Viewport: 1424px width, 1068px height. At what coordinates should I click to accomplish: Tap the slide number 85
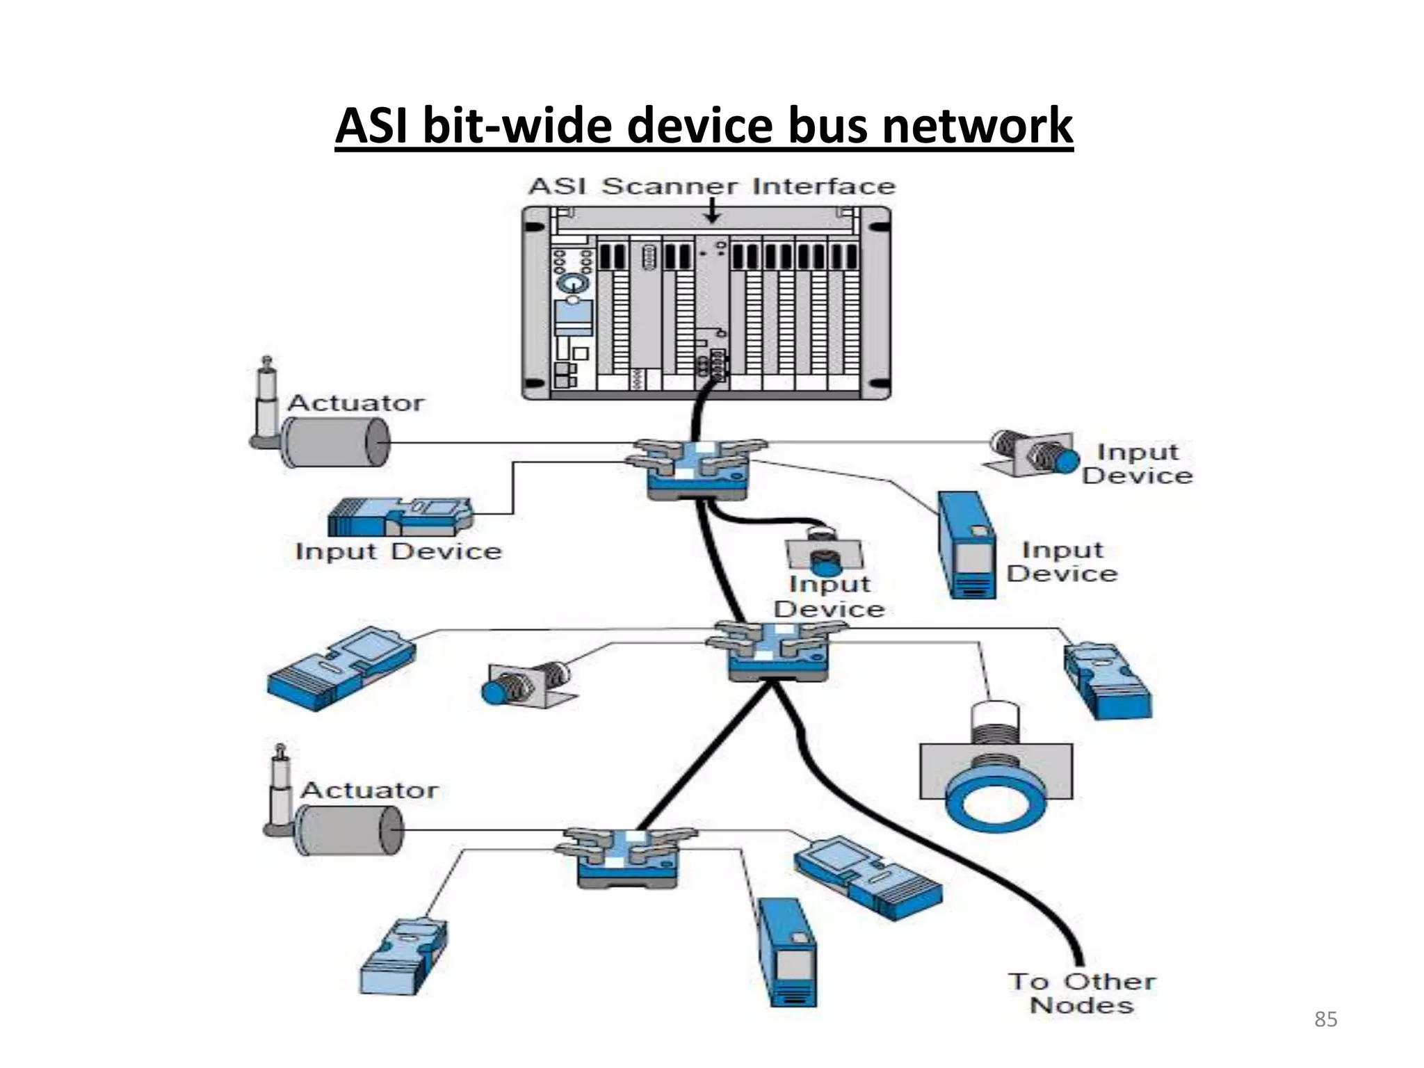pos(1325,1019)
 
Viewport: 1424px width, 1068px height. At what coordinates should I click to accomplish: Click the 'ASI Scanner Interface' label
pos(711,186)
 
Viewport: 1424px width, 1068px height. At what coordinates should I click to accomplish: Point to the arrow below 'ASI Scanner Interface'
pos(711,211)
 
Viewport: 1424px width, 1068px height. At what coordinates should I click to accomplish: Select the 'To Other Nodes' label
pos(1082,993)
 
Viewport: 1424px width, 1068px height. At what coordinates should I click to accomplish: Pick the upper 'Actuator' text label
pos(355,403)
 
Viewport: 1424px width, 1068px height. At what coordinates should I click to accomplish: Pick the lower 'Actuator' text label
pos(369,790)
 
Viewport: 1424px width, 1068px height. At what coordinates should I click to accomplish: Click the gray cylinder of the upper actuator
pos(335,444)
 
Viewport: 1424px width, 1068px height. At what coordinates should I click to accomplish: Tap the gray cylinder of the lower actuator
pos(349,831)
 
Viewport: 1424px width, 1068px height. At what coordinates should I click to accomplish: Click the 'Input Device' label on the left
pos(398,551)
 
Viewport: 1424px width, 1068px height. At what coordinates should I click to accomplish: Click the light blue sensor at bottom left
pos(403,957)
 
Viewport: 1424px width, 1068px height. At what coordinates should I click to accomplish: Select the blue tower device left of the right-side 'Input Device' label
pos(966,546)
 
